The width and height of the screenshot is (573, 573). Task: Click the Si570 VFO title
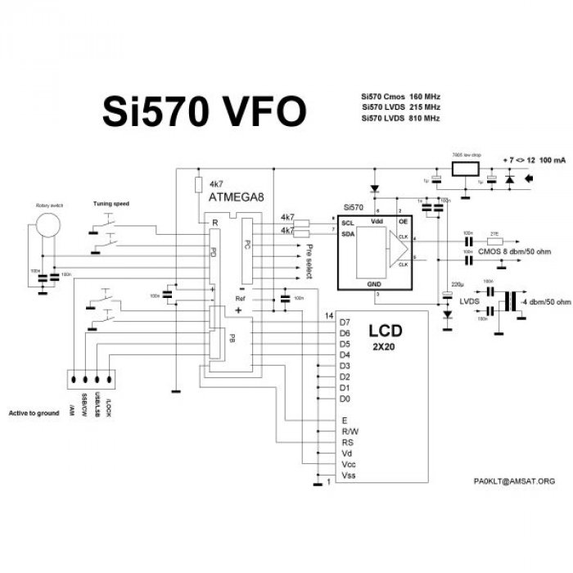tap(204, 112)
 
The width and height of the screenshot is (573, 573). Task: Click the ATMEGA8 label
tap(237, 198)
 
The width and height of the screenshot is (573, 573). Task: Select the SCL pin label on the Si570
tap(347, 223)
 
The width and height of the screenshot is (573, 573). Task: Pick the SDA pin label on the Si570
tap(347, 233)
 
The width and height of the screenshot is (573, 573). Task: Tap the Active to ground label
tap(34, 413)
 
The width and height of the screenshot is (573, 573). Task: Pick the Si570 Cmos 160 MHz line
tap(401, 96)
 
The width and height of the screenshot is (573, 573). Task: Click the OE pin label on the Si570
tap(403, 222)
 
